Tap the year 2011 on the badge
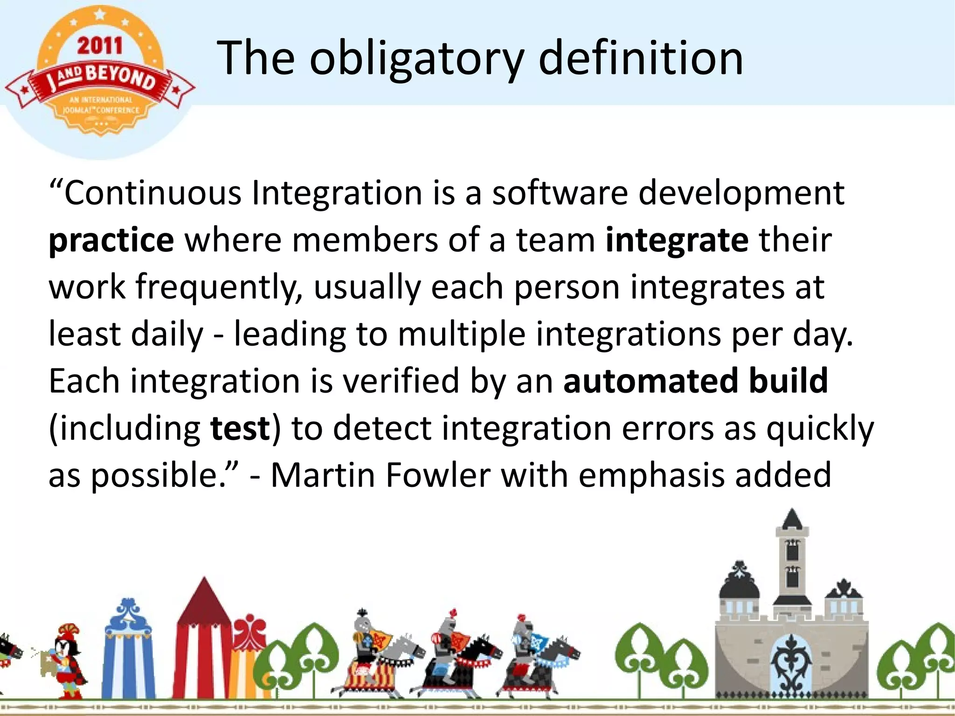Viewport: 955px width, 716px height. (100, 46)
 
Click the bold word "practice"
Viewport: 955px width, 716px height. (111, 241)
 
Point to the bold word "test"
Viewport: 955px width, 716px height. (240, 428)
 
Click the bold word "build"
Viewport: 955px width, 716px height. (788, 381)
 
